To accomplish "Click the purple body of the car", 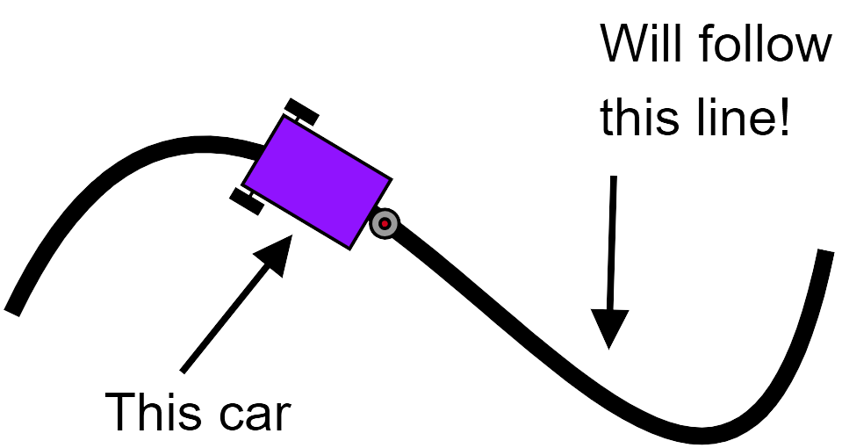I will (316, 182).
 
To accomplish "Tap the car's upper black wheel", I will (301, 112).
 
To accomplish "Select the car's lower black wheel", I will (247, 201).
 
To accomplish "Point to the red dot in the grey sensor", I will (385, 224).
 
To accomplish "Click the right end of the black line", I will (825, 255).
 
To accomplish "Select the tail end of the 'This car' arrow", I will (183, 369).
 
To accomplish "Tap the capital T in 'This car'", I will (120, 411).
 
